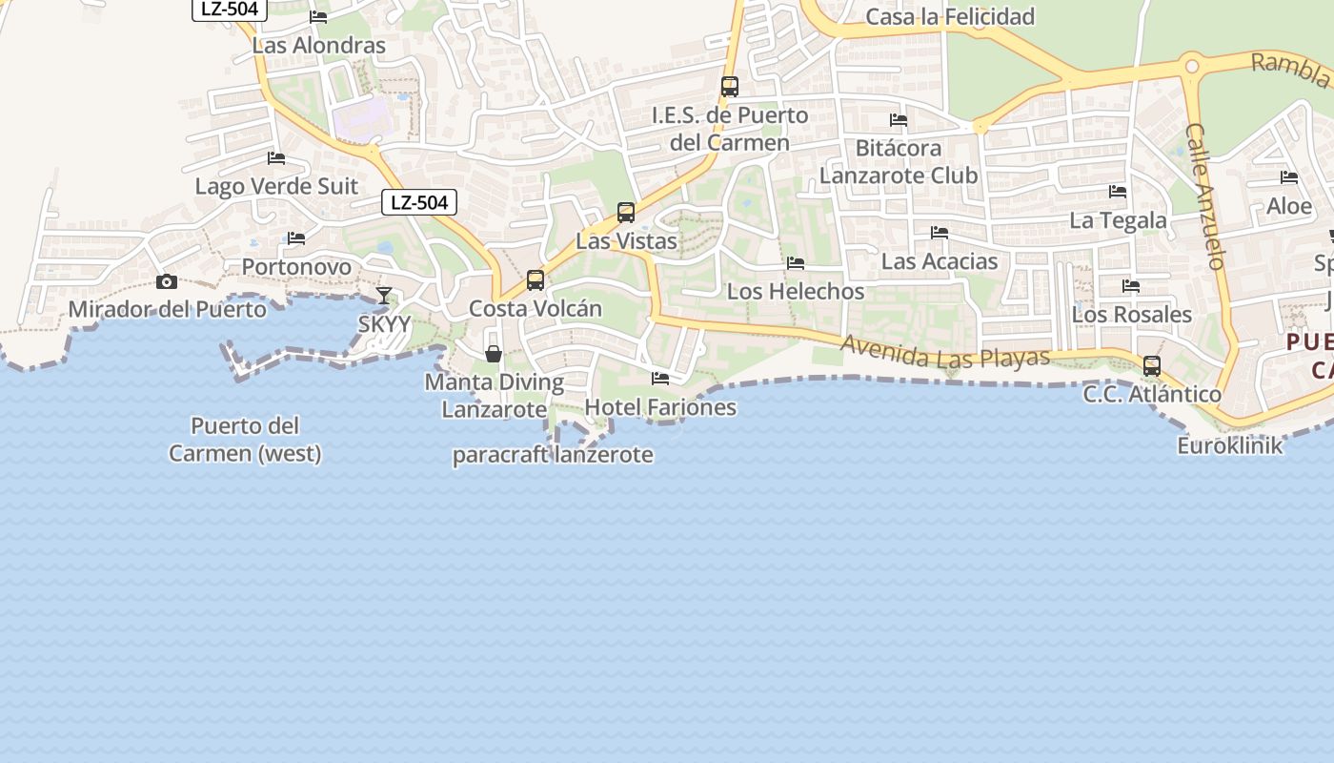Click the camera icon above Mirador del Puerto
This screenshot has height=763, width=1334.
click(167, 281)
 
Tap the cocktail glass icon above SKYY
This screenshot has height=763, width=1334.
click(384, 296)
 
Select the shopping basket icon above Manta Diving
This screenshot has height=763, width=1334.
click(494, 354)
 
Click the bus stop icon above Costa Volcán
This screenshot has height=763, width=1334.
click(536, 279)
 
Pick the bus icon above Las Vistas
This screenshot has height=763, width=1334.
click(626, 212)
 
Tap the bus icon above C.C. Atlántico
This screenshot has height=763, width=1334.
click(1152, 365)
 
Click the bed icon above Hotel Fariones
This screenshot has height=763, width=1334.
click(660, 379)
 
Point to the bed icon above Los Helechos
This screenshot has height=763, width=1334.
click(796, 263)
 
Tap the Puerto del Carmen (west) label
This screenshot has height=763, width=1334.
click(246, 440)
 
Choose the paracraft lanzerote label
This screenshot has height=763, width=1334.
click(553, 455)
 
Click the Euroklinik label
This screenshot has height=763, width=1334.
click(1230, 444)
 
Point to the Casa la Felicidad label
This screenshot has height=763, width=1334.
click(950, 16)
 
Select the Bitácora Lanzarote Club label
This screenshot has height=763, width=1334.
click(899, 162)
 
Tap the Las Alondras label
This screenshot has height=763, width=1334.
click(319, 45)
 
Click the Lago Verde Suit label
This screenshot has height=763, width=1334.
click(276, 186)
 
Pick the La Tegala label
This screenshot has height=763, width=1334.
click(1118, 220)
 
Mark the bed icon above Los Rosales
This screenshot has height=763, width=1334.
click(1131, 285)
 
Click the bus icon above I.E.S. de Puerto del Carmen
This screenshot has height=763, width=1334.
click(730, 86)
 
